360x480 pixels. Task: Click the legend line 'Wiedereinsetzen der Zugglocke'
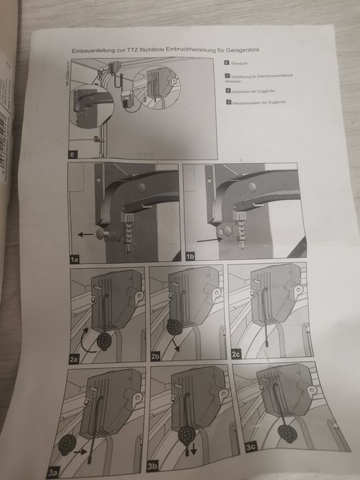click(x=259, y=102)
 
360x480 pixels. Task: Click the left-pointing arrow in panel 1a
click(x=86, y=235)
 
